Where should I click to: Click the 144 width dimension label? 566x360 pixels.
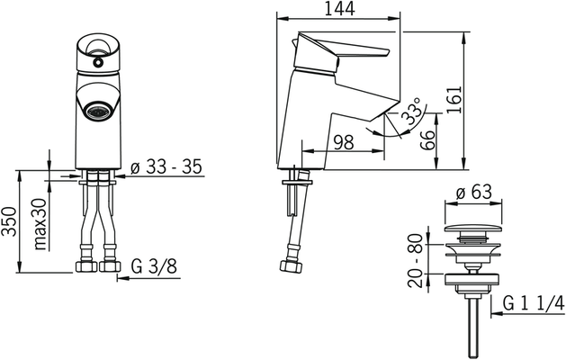click(339, 9)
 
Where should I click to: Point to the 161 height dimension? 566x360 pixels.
click(454, 99)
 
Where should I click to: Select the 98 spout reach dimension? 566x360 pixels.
click(343, 142)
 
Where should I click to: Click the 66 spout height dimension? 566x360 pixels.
click(428, 140)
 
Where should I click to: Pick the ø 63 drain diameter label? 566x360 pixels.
click(473, 192)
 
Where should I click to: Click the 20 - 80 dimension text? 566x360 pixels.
click(415, 260)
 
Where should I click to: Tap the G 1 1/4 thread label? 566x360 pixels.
click(534, 304)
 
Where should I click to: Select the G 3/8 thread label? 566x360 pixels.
click(154, 267)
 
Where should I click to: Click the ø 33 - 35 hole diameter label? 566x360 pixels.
click(166, 167)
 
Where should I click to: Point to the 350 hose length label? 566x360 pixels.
click(9, 222)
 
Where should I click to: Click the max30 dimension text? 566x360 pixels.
click(40, 224)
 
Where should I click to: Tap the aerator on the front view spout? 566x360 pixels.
click(97, 110)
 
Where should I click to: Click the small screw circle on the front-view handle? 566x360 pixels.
click(97, 63)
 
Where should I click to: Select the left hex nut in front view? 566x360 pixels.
click(86, 266)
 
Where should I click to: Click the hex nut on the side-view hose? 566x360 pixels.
click(291, 266)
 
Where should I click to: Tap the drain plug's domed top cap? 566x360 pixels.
click(473, 229)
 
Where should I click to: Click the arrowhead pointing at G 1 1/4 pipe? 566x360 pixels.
click(497, 314)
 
